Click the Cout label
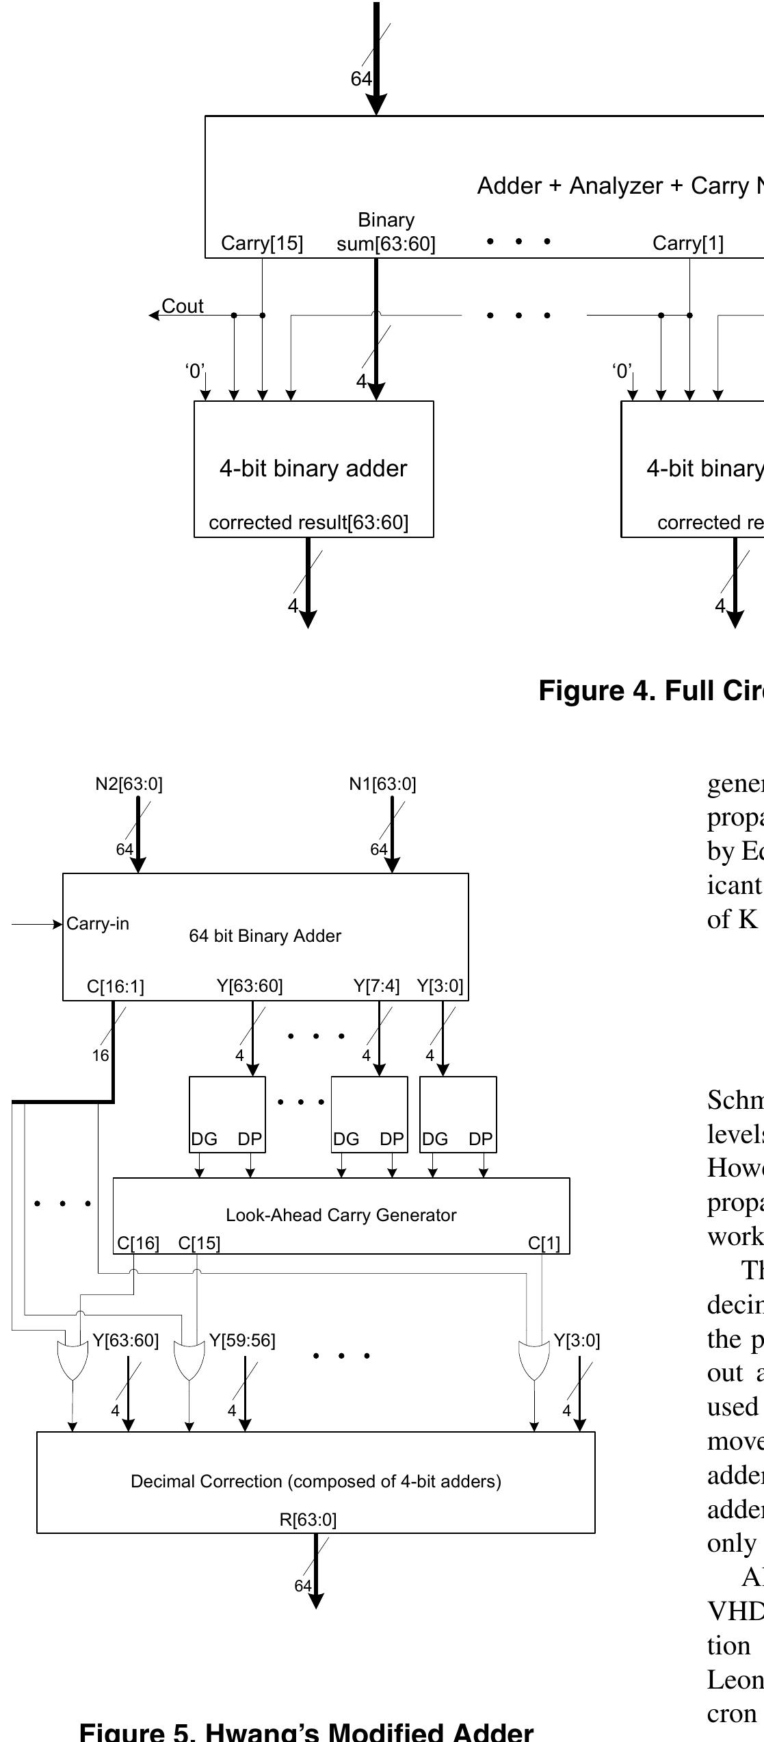click(x=182, y=306)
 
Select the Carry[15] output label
click(x=262, y=243)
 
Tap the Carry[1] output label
click(x=687, y=243)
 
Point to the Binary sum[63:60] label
click(x=386, y=232)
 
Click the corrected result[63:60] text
click(x=308, y=522)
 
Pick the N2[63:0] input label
click(x=129, y=784)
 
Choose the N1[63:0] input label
click(x=382, y=784)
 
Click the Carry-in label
click(x=98, y=923)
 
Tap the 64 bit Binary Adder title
click(x=265, y=936)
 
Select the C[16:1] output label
click(x=116, y=986)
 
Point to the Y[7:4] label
click(x=376, y=986)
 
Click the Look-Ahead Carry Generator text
click(x=341, y=1215)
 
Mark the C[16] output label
click(x=138, y=1243)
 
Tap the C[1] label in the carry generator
click(x=544, y=1243)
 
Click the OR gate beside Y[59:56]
click(x=189, y=1360)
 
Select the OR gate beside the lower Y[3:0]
click(x=534, y=1360)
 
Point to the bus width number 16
click(x=101, y=1055)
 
